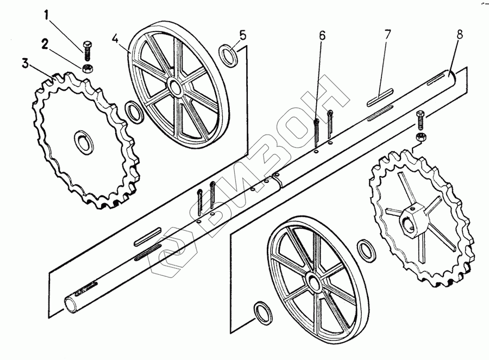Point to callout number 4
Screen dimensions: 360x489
pyautogui.click(x=115, y=39)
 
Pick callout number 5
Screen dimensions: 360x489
pyautogui.click(x=243, y=35)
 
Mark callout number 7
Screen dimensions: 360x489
pyautogui.click(x=388, y=35)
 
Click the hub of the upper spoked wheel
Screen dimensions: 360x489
pyautogui.click(x=175, y=86)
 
